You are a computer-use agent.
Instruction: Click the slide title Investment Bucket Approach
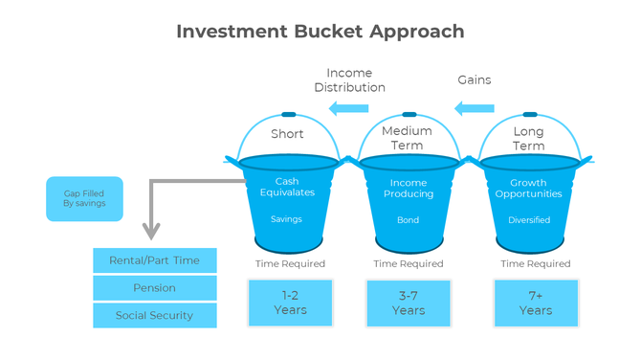click(320, 31)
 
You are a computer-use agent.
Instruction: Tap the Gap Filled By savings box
click(84, 198)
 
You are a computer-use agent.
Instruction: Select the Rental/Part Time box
click(154, 260)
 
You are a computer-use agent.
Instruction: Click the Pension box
click(154, 287)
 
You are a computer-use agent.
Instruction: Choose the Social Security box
click(154, 315)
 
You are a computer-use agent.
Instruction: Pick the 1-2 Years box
click(290, 303)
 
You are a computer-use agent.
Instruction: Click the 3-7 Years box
click(409, 303)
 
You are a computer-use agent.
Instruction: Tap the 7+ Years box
click(536, 303)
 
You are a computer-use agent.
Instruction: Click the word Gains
click(475, 79)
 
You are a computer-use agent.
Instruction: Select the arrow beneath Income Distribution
click(349, 109)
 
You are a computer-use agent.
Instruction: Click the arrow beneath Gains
click(475, 109)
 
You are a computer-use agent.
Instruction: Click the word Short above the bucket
click(287, 134)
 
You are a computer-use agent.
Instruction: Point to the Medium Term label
click(407, 138)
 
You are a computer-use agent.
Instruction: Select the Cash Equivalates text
click(287, 187)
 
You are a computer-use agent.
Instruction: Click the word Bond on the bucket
click(409, 219)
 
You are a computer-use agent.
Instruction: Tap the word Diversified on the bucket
click(529, 219)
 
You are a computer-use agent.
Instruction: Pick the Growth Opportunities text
click(528, 189)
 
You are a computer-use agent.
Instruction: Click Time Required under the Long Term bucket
click(535, 263)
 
